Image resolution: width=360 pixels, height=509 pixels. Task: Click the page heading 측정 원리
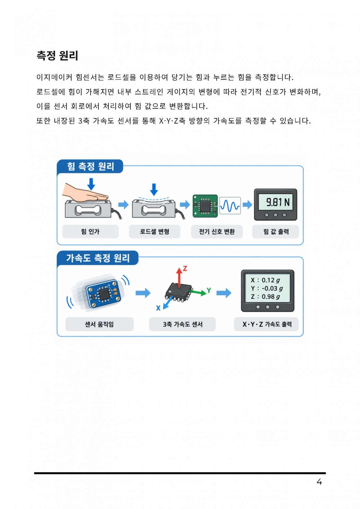[57, 55]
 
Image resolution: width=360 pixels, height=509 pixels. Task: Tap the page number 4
[319, 482]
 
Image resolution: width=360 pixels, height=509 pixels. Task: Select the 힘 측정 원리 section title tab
[90, 166]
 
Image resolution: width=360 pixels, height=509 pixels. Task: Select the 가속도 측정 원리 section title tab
[98, 258]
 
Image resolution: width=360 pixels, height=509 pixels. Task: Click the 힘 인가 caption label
[90, 231]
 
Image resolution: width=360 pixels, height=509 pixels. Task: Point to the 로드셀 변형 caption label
[154, 231]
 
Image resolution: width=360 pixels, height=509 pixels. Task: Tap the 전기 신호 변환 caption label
[217, 231]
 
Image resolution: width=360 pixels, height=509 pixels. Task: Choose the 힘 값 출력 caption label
[276, 231]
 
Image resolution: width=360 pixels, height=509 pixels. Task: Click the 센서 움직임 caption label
[99, 324]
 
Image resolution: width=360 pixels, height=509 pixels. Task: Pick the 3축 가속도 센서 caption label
[182, 324]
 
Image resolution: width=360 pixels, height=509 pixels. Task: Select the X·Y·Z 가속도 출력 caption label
[267, 324]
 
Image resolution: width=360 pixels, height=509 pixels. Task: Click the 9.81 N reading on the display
[278, 202]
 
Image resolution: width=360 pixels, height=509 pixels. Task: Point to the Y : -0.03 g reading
[267, 288]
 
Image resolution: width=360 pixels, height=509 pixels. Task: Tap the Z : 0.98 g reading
[265, 296]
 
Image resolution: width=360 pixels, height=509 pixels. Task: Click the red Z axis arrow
[179, 277]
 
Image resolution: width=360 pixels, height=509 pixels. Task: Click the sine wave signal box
[230, 206]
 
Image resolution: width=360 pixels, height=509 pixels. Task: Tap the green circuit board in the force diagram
[205, 206]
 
